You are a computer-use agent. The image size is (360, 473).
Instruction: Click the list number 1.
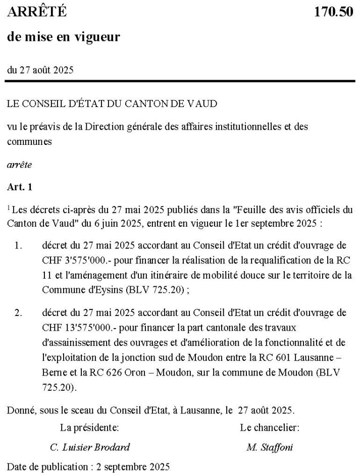(18, 246)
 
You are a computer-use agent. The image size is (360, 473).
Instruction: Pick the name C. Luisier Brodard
(90, 447)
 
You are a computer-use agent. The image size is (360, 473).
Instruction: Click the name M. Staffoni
(270, 447)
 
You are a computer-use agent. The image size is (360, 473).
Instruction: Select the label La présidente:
(90, 428)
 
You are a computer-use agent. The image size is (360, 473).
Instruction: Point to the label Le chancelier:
(270, 428)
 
